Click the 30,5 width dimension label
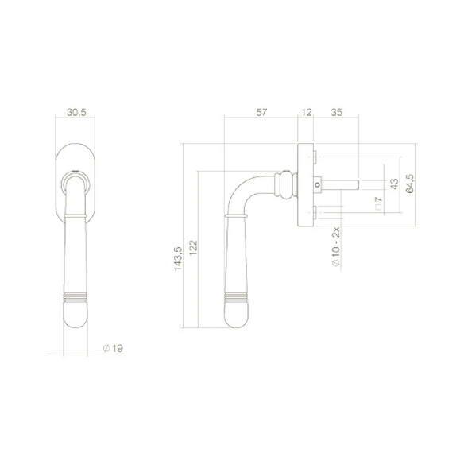(76, 113)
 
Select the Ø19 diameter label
(113, 348)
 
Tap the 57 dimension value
(261, 113)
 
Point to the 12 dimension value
(307, 113)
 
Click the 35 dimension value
(336, 113)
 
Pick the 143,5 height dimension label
(178, 259)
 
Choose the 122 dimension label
(193, 248)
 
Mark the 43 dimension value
(394, 184)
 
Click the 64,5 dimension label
(410, 184)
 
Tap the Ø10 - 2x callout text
(336, 247)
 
